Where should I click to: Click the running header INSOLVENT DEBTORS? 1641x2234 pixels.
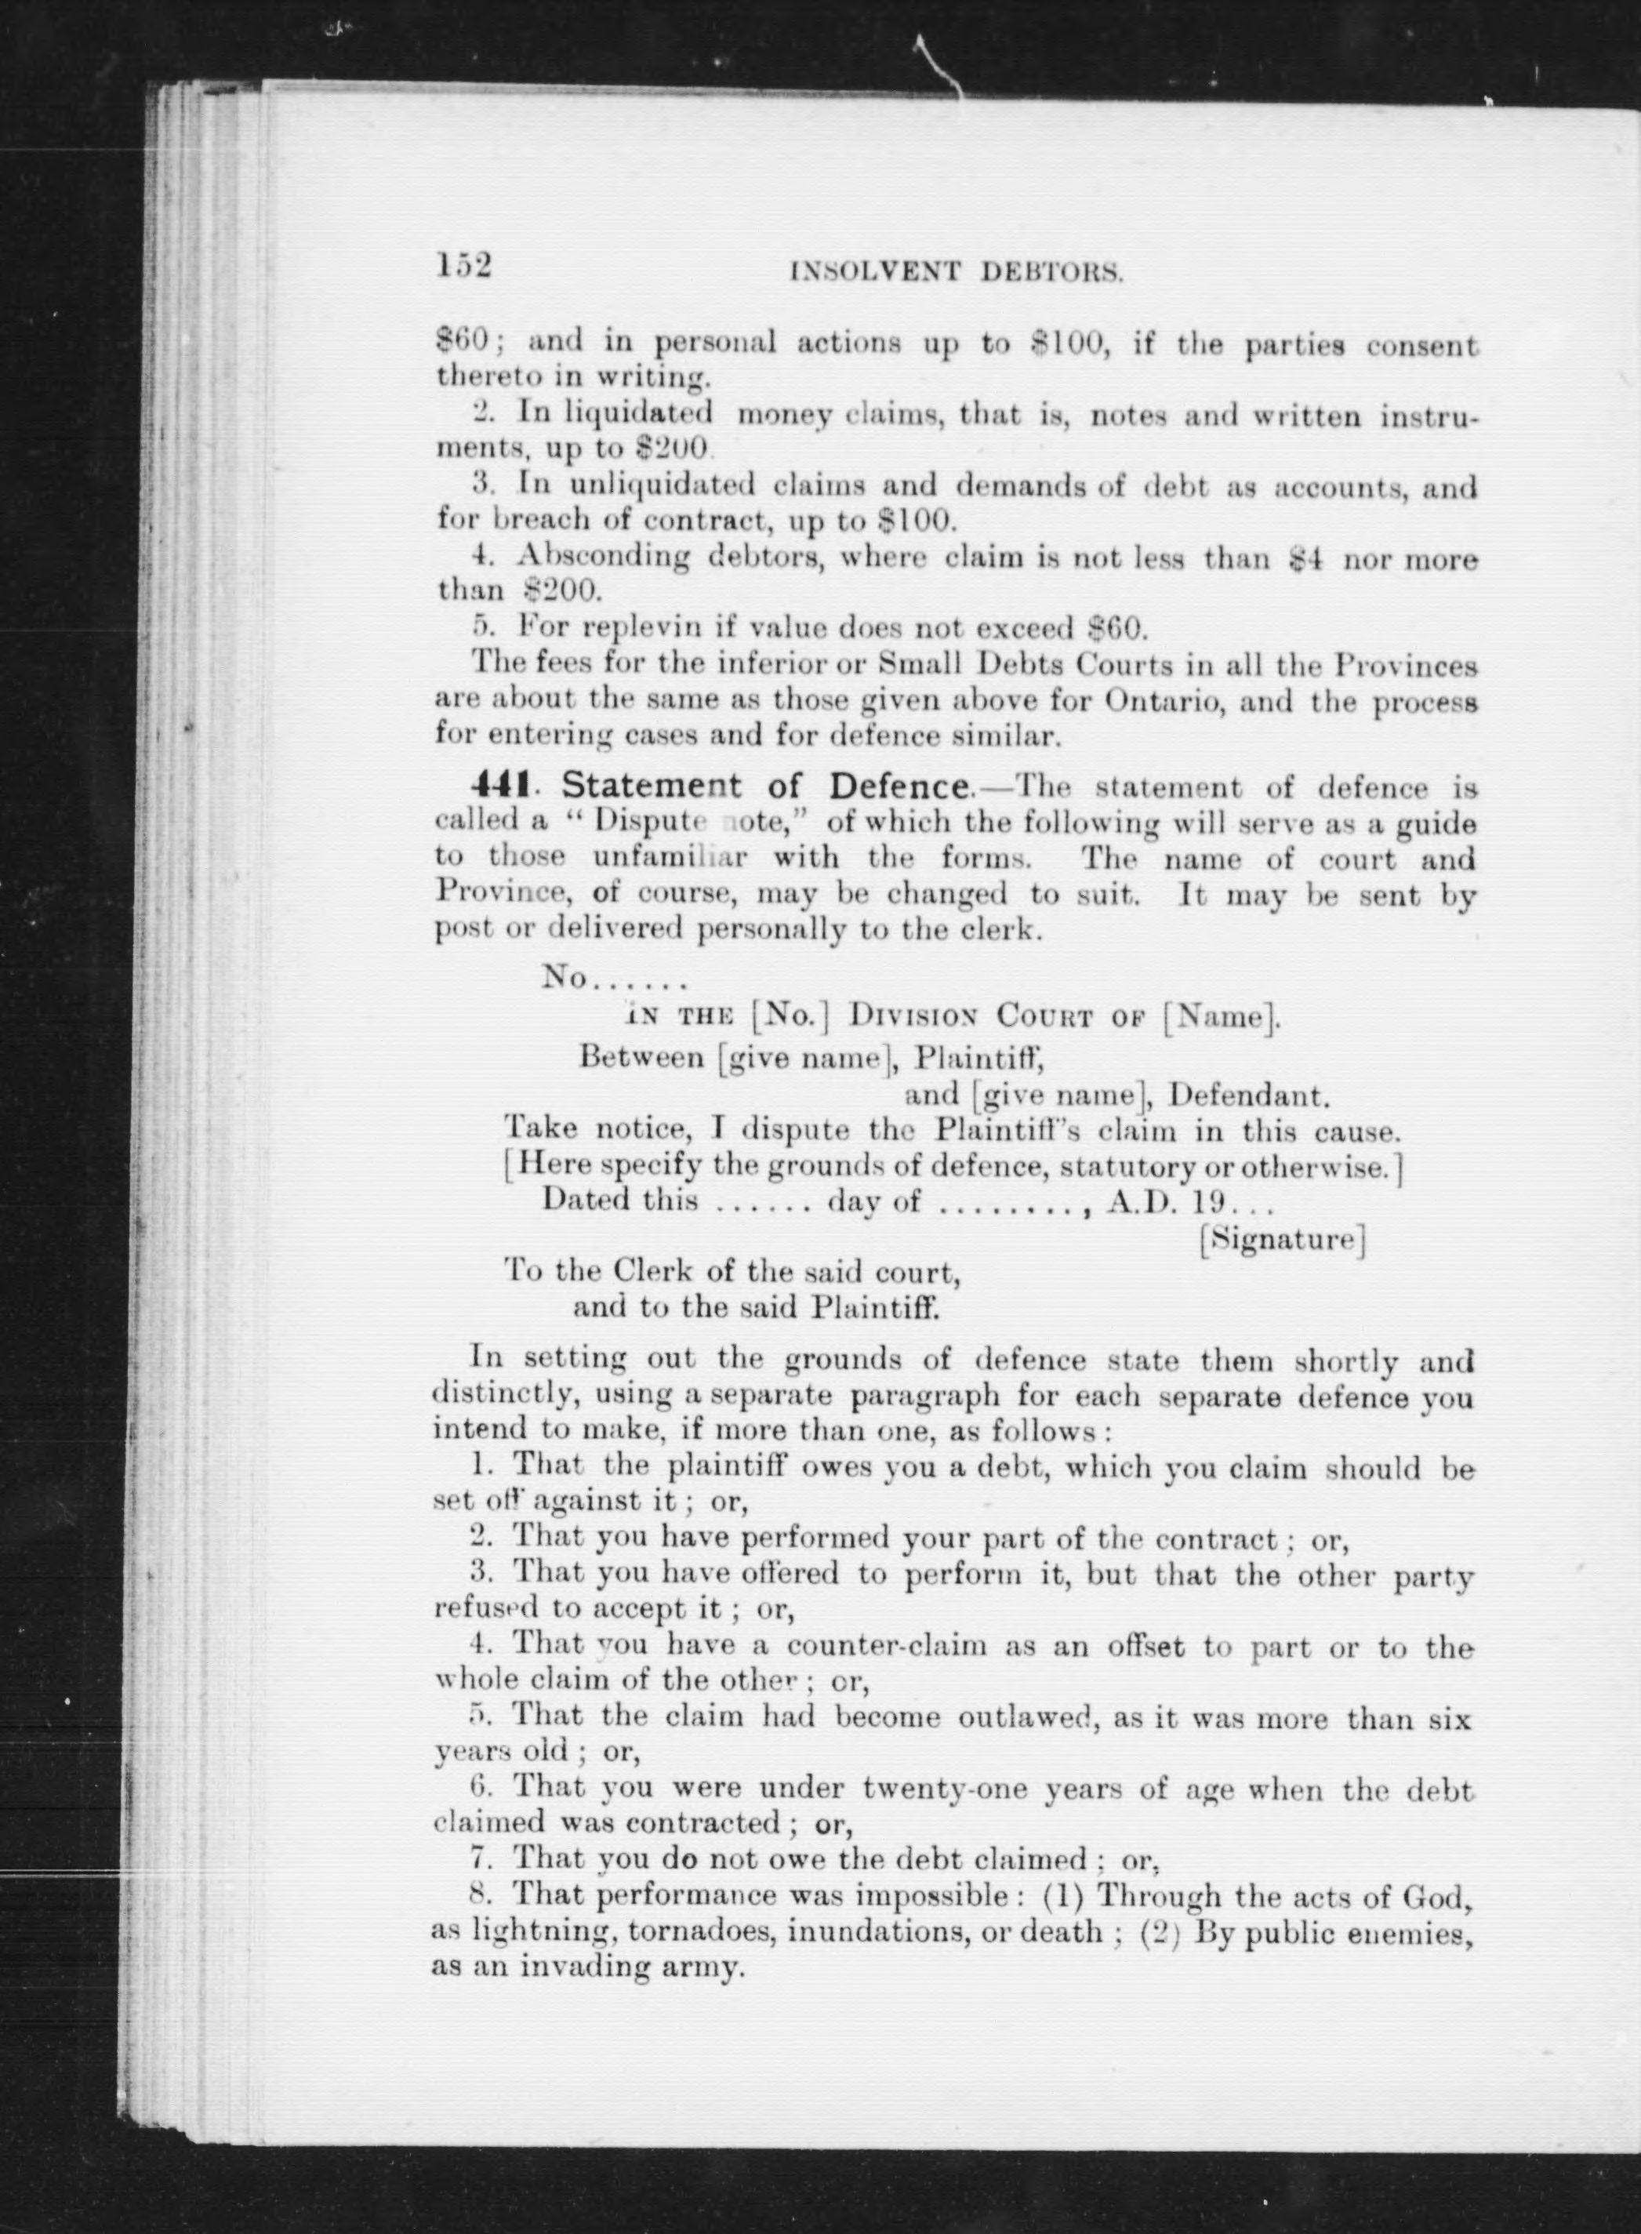(x=956, y=271)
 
